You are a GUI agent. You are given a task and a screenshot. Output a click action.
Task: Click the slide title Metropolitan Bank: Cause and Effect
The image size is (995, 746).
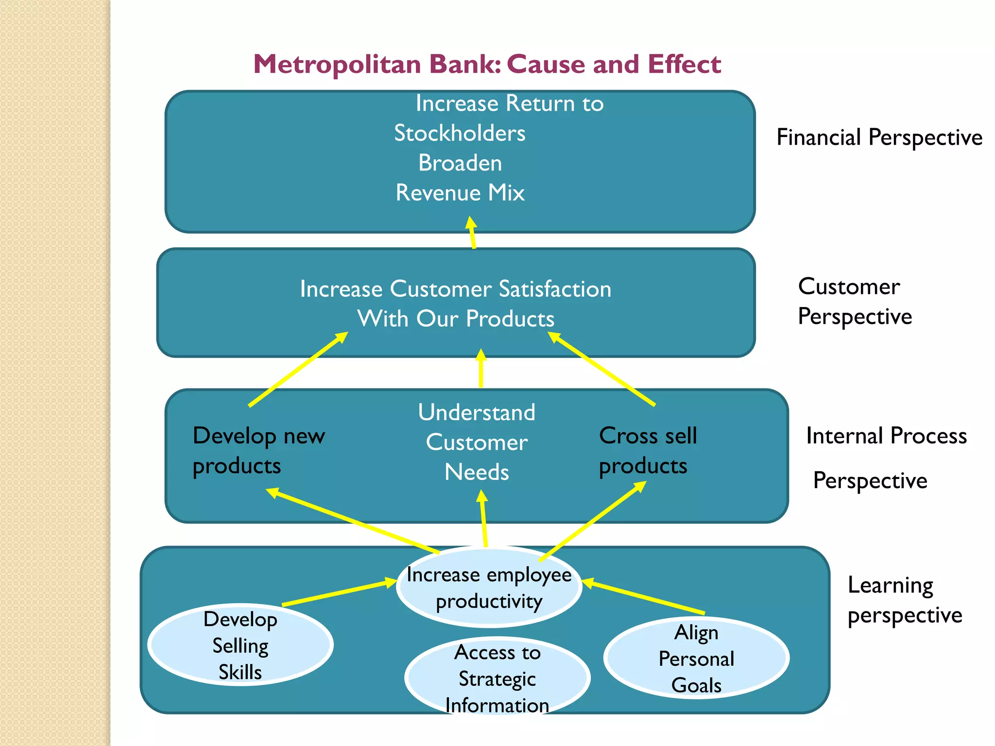(x=487, y=64)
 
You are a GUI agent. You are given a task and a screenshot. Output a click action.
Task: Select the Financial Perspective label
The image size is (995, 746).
(x=879, y=137)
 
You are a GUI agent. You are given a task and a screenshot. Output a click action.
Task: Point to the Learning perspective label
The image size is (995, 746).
(x=904, y=600)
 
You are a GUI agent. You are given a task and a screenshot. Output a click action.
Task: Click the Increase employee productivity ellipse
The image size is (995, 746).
(x=489, y=587)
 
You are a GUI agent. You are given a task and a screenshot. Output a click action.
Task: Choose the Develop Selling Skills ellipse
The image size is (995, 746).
(x=240, y=645)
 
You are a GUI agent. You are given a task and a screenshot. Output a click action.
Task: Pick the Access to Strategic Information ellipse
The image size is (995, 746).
(x=497, y=678)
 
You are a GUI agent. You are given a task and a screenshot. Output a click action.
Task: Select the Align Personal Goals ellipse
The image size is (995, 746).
(x=696, y=658)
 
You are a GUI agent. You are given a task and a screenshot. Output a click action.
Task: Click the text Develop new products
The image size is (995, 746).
(x=258, y=450)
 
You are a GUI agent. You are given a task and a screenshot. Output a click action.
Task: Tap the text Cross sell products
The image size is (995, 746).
(x=647, y=450)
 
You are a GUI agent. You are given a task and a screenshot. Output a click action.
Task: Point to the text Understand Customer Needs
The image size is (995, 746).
(x=477, y=442)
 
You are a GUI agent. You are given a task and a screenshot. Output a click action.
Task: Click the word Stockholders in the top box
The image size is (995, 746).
(x=460, y=133)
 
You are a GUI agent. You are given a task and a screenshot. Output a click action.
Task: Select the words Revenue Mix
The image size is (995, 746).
(x=460, y=193)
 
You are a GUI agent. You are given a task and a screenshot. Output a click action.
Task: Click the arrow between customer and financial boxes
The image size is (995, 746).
(x=472, y=233)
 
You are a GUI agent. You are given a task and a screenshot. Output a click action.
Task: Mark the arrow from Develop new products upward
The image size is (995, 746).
(x=298, y=369)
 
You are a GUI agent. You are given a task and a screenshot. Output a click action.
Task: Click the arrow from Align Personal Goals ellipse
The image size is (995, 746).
(x=643, y=597)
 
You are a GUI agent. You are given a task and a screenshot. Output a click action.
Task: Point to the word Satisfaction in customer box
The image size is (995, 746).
(x=555, y=289)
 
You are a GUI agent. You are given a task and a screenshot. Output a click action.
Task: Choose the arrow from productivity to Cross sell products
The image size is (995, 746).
(x=593, y=521)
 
